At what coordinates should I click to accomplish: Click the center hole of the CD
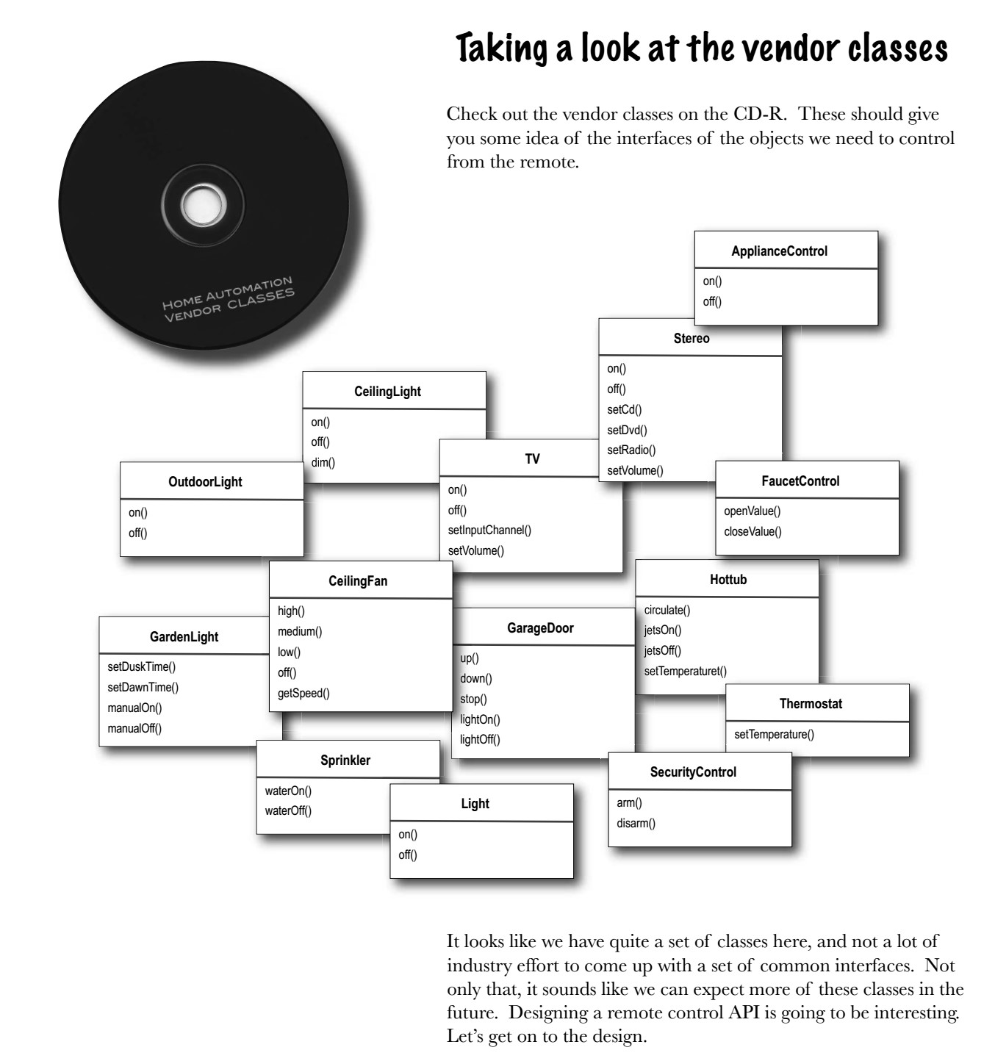click(x=203, y=204)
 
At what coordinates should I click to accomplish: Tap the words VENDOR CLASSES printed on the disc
click(x=230, y=306)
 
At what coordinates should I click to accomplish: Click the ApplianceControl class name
click(x=779, y=251)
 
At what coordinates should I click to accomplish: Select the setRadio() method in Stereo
click(x=631, y=450)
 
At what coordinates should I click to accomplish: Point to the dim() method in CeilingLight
click(x=323, y=463)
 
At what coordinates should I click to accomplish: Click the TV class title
click(x=532, y=459)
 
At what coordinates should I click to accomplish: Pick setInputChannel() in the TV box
click(x=489, y=530)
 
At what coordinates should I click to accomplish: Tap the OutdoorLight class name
click(x=205, y=482)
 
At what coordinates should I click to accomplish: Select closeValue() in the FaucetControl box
click(x=752, y=531)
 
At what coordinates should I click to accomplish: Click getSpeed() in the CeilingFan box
click(x=303, y=694)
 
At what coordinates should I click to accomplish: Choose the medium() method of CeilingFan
click(x=300, y=631)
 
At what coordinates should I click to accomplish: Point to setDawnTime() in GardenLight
click(x=143, y=688)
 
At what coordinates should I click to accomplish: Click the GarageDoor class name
click(x=540, y=628)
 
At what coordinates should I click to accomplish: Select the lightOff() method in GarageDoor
click(x=480, y=740)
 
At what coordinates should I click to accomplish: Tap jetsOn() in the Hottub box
click(x=663, y=630)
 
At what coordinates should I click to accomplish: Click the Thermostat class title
click(x=811, y=704)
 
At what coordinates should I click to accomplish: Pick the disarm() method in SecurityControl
click(x=636, y=823)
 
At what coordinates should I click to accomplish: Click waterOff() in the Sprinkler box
click(x=288, y=811)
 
